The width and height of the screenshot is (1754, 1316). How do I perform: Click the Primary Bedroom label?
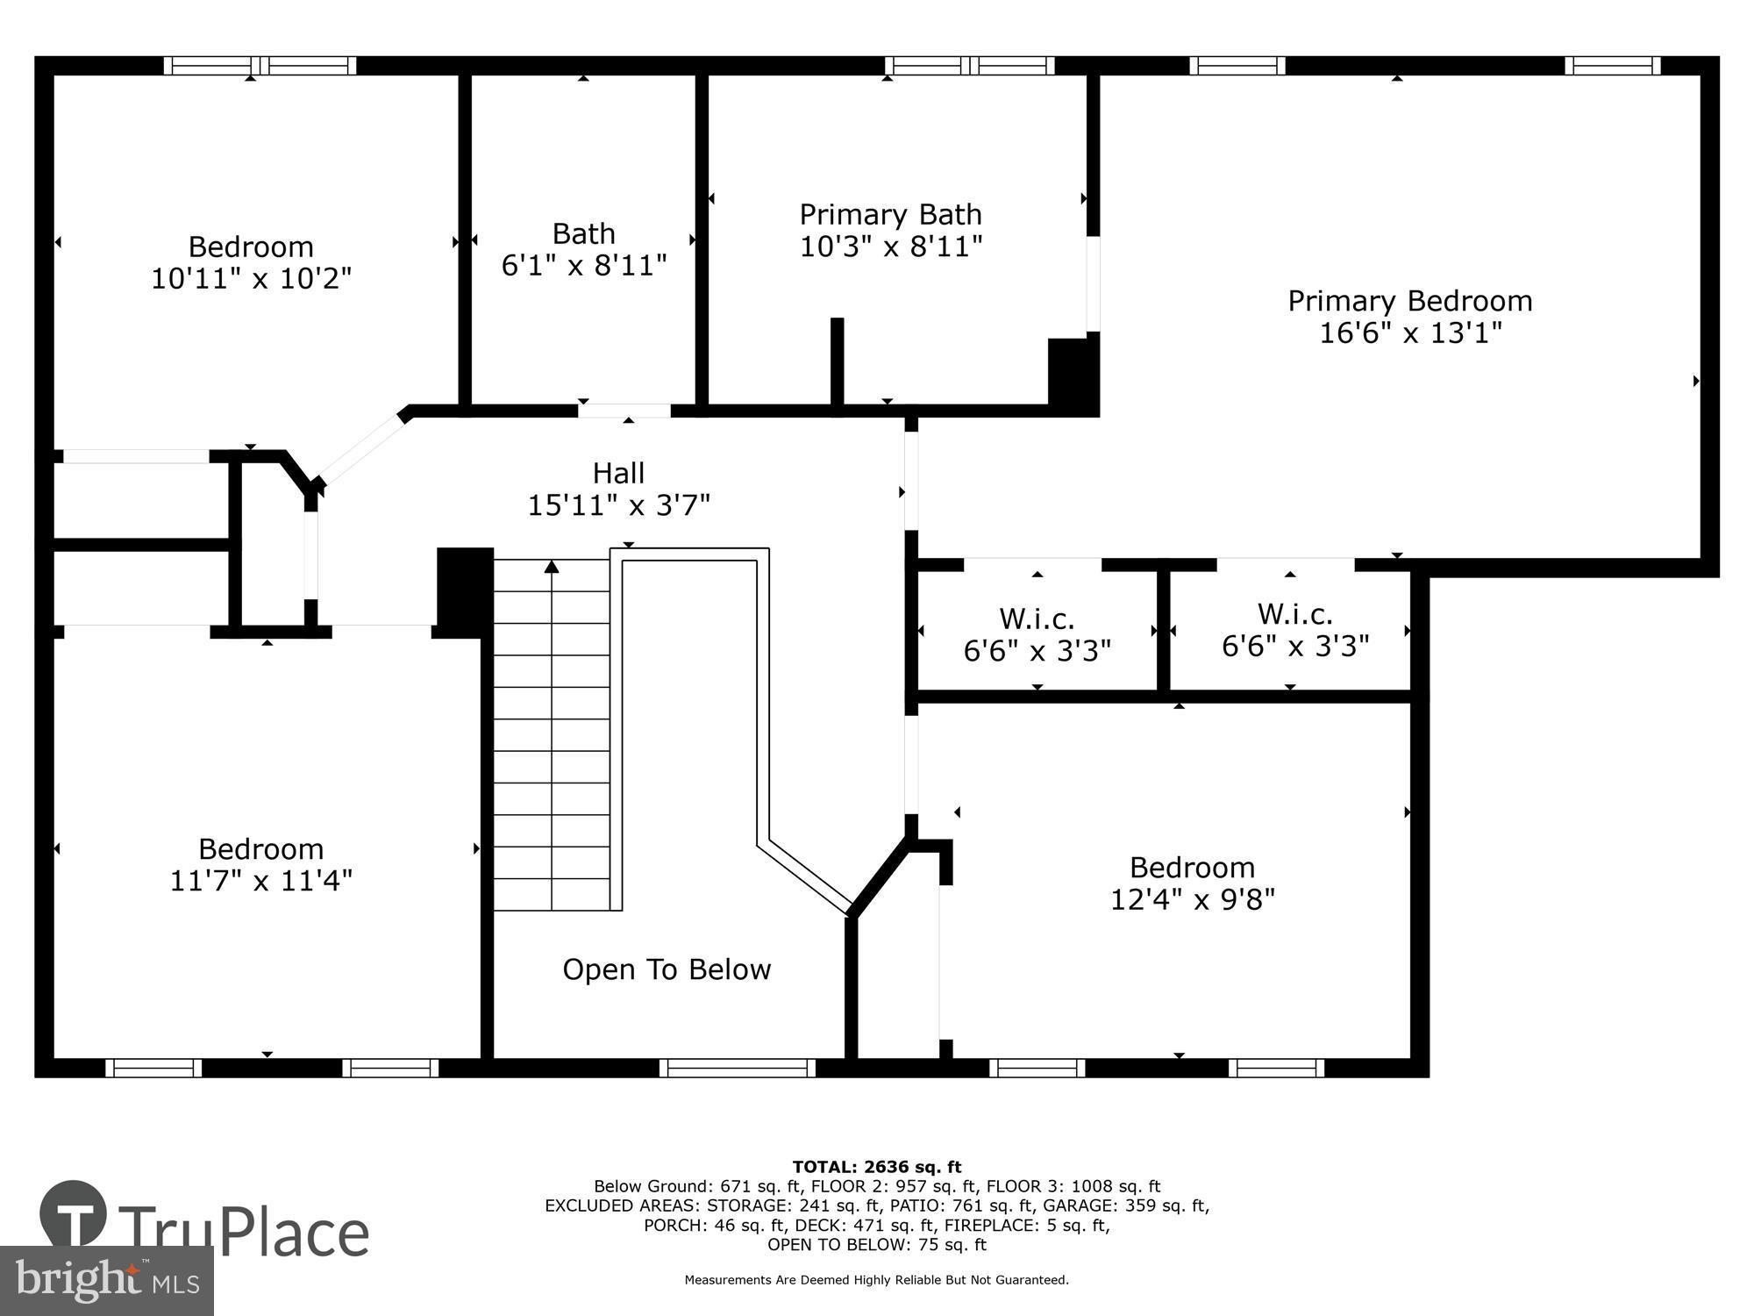[x=1409, y=301]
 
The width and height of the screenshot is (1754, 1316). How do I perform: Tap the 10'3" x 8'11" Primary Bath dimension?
[x=890, y=247]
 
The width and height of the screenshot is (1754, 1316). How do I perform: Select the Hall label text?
[x=618, y=473]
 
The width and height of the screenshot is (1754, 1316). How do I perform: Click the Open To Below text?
[x=667, y=969]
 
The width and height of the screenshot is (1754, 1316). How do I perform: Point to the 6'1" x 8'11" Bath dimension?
[x=584, y=265]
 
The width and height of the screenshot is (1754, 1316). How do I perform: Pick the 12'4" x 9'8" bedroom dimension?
[x=1192, y=899]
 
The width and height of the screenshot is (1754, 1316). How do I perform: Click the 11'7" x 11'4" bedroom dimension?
[x=261, y=880]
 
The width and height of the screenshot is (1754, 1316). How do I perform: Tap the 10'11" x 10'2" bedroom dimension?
[x=251, y=278]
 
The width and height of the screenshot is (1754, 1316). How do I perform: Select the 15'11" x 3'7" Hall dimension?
[x=618, y=505]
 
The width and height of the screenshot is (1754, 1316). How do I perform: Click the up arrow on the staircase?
[x=552, y=568]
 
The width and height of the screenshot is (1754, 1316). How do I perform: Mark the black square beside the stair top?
[x=465, y=592]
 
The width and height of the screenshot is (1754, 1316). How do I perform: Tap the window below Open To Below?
[x=738, y=1068]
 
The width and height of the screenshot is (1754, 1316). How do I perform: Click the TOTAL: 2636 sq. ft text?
[x=877, y=1167]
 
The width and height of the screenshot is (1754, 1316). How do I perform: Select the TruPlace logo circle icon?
[x=74, y=1215]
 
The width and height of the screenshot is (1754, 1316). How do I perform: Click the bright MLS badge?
[x=106, y=1281]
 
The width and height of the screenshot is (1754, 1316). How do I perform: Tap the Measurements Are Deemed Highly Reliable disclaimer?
[x=877, y=1280]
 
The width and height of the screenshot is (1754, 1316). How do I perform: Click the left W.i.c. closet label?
[x=1037, y=619]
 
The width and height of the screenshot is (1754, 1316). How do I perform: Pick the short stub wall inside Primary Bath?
[x=837, y=361]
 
